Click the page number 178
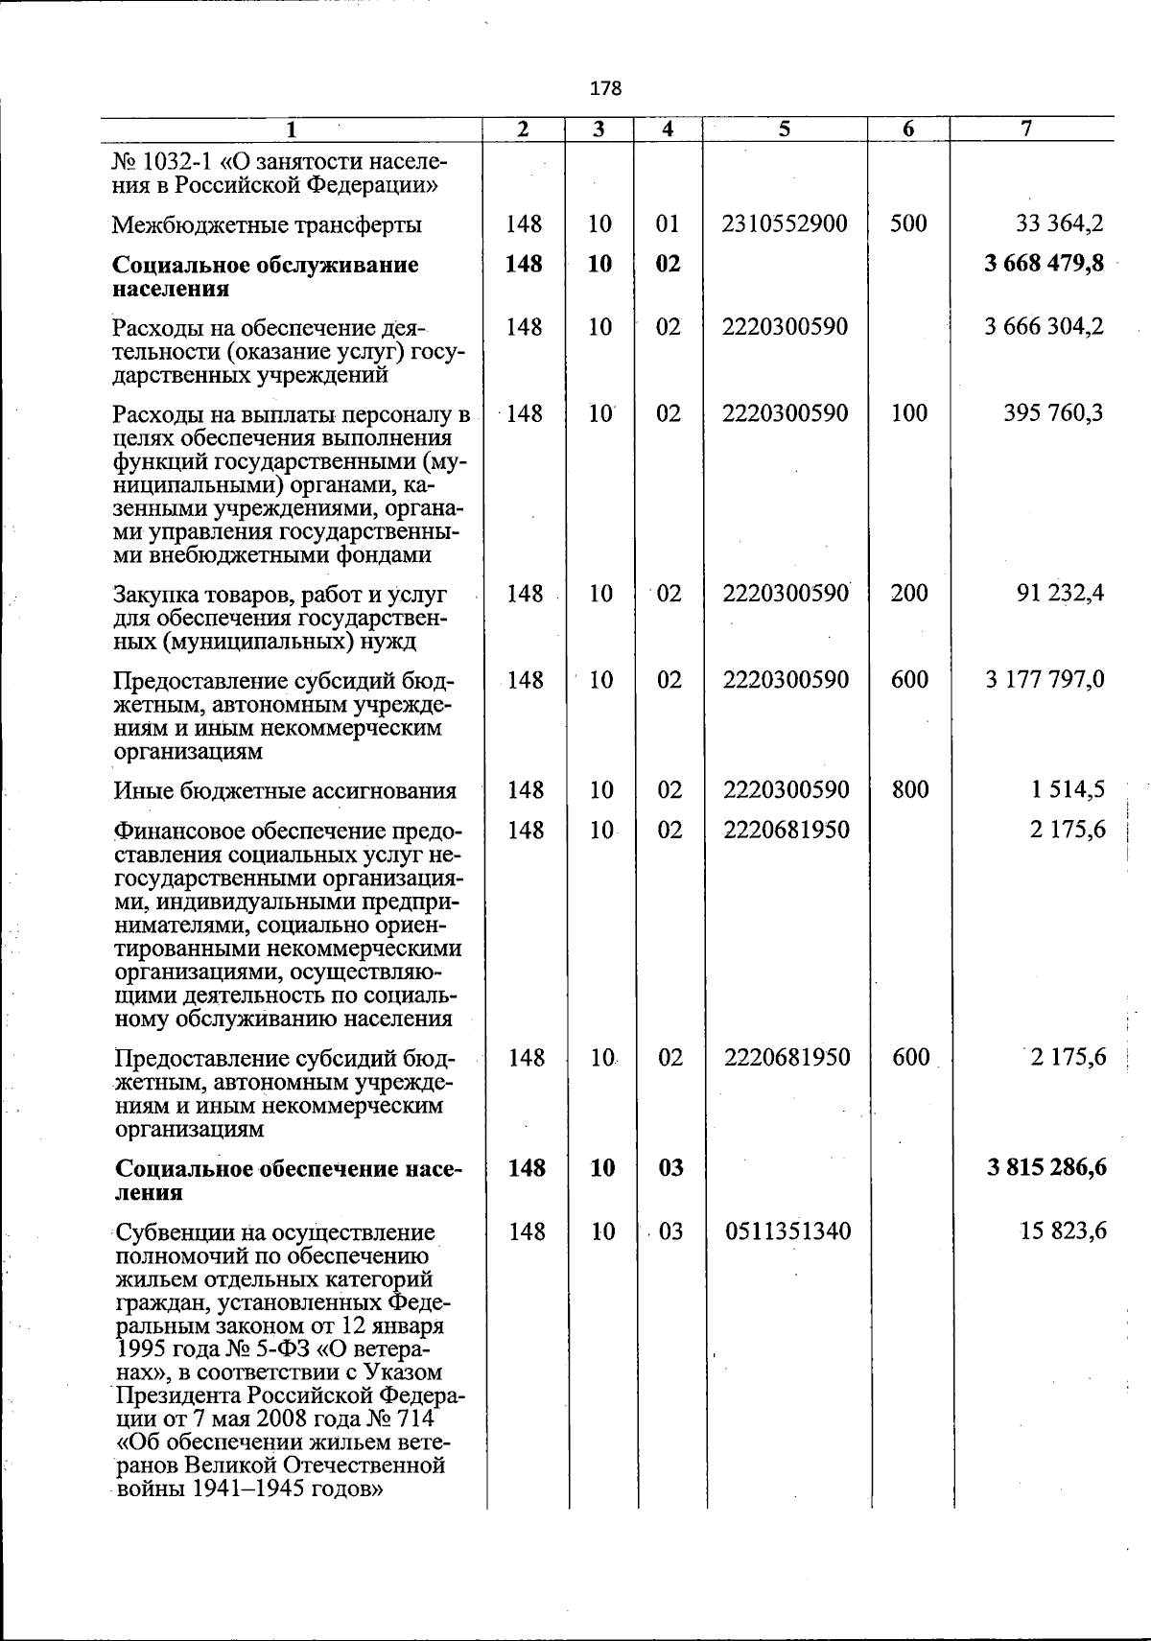pyautogui.click(x=605, y=88)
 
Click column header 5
pyautogui.click(x=784, y=129)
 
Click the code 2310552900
pyautogui.click(x=786, y=224)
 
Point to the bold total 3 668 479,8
pyautogui.click(x=1044, y=265)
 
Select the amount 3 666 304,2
pyautogui.click(x=1044, y=327)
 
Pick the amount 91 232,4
pyautogui.click(x=1060, y=593)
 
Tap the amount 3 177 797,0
pyautogui.click(x=1044, y=680)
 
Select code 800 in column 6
pyautogui.click(x=908, y=790)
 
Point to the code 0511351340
pyautogui.click(x=787, y=1231)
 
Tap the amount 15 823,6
pyautogui.click(x=1060, y=1231)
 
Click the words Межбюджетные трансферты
pyautogui.click(x=268, y=225)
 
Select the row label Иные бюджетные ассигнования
pyautogui.click(x=285, y=791)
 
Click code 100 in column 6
pyautogui.click(x=908, y=413)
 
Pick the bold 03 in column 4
pyautogui.click(x=669, y=1168)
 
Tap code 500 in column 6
pyautogui.click(x=908, y=224)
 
